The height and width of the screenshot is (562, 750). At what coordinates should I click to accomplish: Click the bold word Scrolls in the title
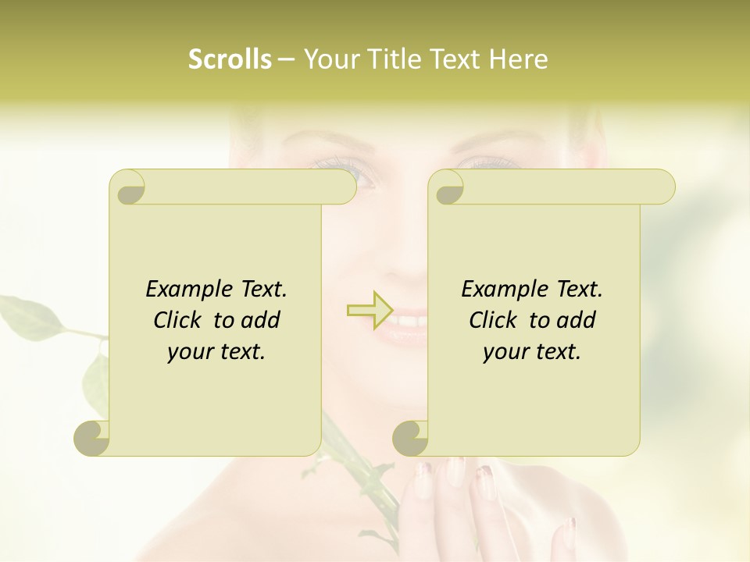[230, 59]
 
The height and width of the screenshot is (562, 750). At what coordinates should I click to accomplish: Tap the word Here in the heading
[518, 59]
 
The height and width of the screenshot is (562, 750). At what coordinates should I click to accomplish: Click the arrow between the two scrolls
[370, 309]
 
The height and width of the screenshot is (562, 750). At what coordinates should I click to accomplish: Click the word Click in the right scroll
[495, 320]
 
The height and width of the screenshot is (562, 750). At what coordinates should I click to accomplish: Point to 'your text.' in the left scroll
[216, 352]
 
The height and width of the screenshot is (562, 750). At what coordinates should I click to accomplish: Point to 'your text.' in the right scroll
[531, 352]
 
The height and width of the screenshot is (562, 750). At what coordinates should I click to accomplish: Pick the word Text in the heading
[454, 59]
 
